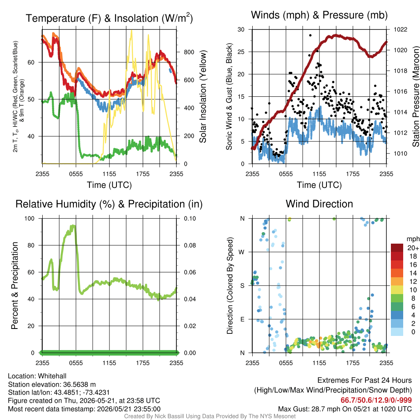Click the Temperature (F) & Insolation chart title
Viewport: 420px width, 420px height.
(109, 18)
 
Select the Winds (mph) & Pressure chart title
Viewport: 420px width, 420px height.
(319, 15)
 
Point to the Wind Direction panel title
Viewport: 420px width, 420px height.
(319, 204)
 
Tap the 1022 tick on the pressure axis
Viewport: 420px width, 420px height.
(400, 30)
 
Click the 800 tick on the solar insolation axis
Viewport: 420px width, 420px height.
(189, 52)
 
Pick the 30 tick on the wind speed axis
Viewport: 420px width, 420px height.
(241, 30)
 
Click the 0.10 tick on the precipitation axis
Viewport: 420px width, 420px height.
(190, 219)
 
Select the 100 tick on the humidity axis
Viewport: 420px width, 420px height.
(30, 219)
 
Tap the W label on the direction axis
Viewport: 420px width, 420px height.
(242, 252)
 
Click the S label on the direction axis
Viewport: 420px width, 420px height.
(242, 286)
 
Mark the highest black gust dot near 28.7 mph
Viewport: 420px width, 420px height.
(310, 35)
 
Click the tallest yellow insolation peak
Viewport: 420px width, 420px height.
(131, 31)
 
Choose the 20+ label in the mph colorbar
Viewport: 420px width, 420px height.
(413, 248)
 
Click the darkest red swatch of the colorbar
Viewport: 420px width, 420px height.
(397, 248)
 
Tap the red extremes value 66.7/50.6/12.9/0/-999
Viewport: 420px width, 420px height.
(376, 400)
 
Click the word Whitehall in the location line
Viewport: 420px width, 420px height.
(52, 376)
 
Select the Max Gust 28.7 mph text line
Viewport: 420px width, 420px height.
(345, 409)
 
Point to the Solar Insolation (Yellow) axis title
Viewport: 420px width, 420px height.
(203, 96)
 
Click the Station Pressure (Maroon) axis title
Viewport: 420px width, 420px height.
(416, 96)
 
